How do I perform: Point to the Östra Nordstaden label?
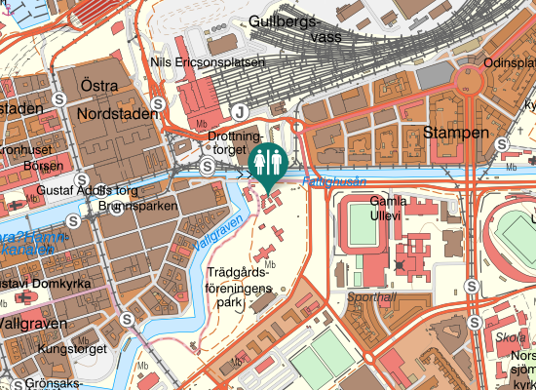(x=116, y=101)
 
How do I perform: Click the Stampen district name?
(x=455, y=132)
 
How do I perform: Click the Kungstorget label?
(x=71, y=348)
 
